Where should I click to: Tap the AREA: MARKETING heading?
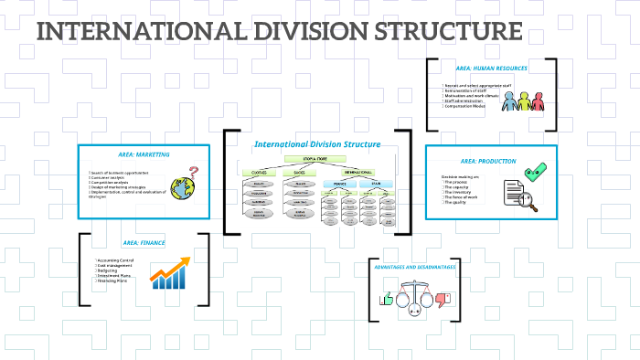pos(144,154)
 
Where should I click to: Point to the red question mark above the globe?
pos(193,171)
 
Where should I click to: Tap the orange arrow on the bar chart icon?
pos(173,269)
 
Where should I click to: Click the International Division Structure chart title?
pos(316,143)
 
